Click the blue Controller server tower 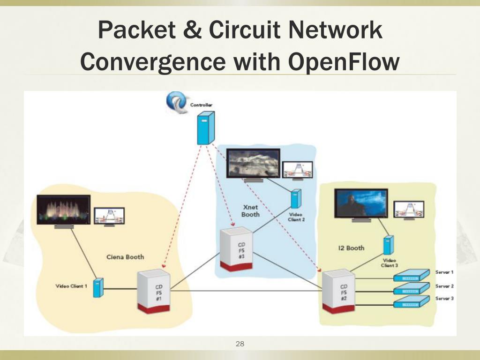pos(206,128)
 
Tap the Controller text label pos(201,105)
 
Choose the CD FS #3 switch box pos(237,248)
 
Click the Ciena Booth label pos(125,257)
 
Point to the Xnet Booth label pos(250,210)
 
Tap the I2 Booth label pos(351,248)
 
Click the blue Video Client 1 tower pos(97,287)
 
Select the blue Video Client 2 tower pos(295,199)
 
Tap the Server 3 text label pos(444,298)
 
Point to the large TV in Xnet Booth pos(253,163)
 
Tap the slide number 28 pos(240,344)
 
